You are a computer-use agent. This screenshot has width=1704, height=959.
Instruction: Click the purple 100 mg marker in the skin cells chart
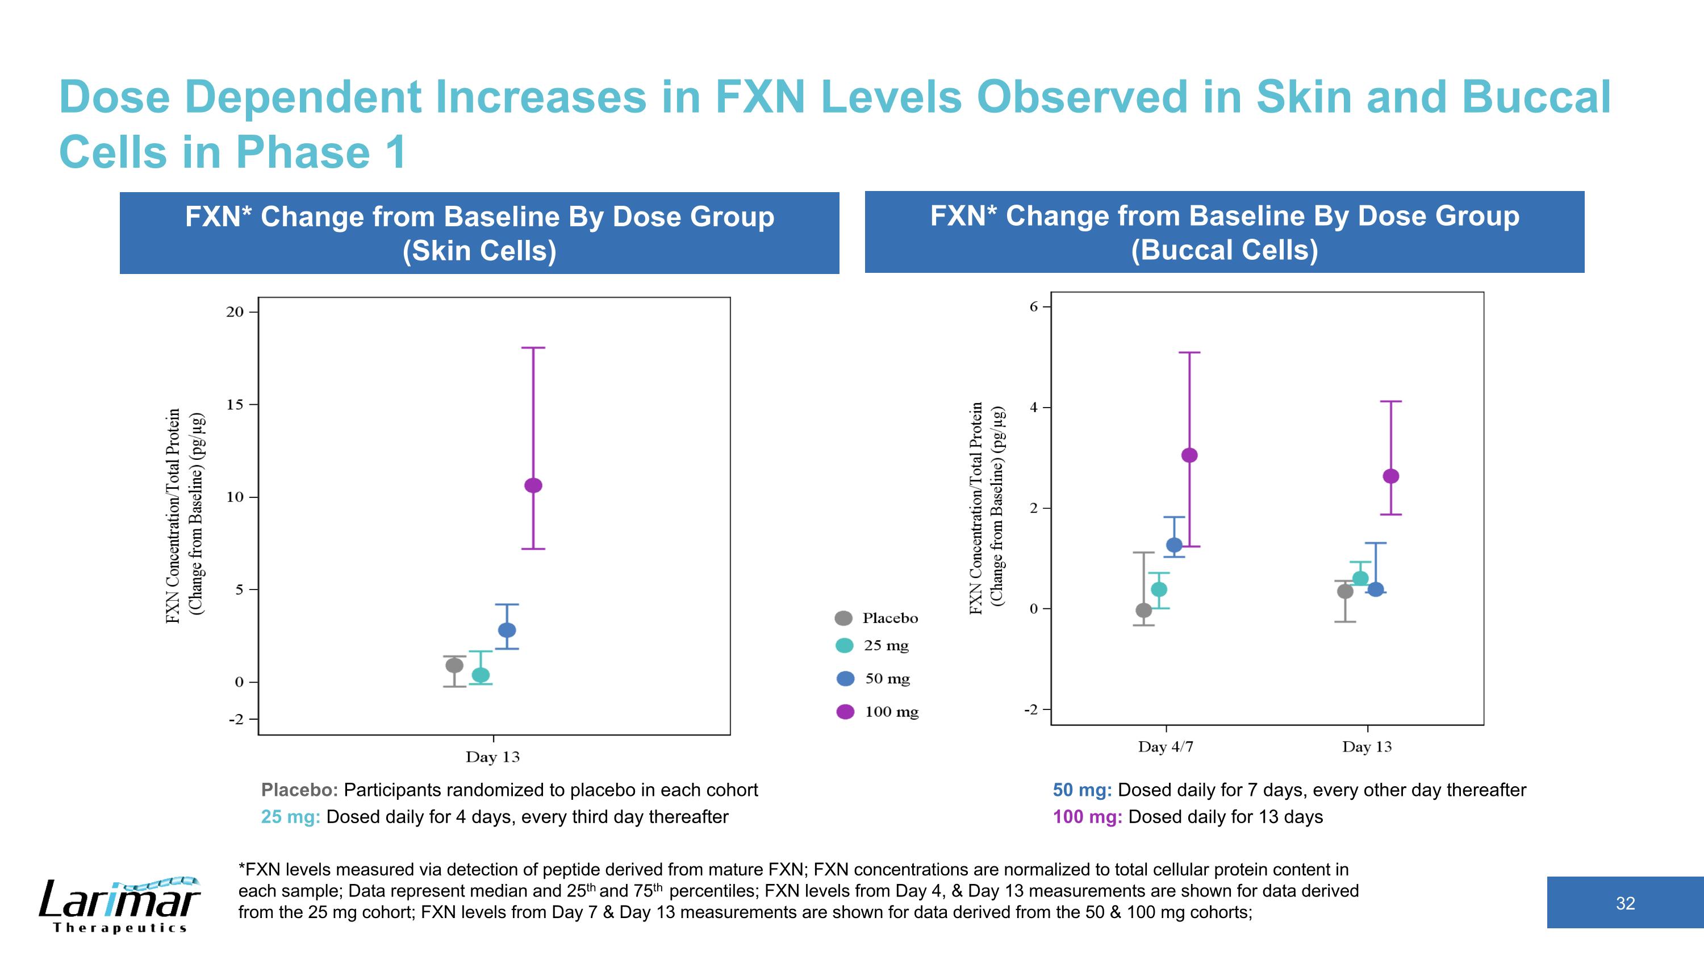coord(533,485)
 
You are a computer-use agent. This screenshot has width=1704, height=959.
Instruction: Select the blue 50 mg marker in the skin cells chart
coord(507,630)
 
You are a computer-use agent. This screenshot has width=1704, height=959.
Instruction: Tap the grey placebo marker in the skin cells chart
coord(454,665)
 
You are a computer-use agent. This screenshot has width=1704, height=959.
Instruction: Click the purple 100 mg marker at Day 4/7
coord(1189,455)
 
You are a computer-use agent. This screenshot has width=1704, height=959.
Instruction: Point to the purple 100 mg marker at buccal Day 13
coord(1391,476)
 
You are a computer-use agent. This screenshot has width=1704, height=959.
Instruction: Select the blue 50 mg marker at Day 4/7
coord(1174,545)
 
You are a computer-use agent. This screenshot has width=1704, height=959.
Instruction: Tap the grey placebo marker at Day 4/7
coord(1144,610)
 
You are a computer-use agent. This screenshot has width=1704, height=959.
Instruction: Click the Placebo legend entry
coord(877,618)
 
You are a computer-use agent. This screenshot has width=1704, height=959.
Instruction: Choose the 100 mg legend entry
coord(879,712)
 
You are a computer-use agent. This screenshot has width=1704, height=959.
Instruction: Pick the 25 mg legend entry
coord(873,645)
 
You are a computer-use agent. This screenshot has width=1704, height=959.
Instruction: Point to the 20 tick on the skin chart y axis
coord(236,312)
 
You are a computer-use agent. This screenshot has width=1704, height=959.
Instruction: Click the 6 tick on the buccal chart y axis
coord(1034,306)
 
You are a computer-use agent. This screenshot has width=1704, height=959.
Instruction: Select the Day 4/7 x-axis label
coord(1166,746)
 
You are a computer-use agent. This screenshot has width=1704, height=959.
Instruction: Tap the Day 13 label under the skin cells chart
coord(493,757)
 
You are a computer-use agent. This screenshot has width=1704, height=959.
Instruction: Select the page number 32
coord(1625,903)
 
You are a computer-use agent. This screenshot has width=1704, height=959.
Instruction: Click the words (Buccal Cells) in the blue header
coord(1225,250)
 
